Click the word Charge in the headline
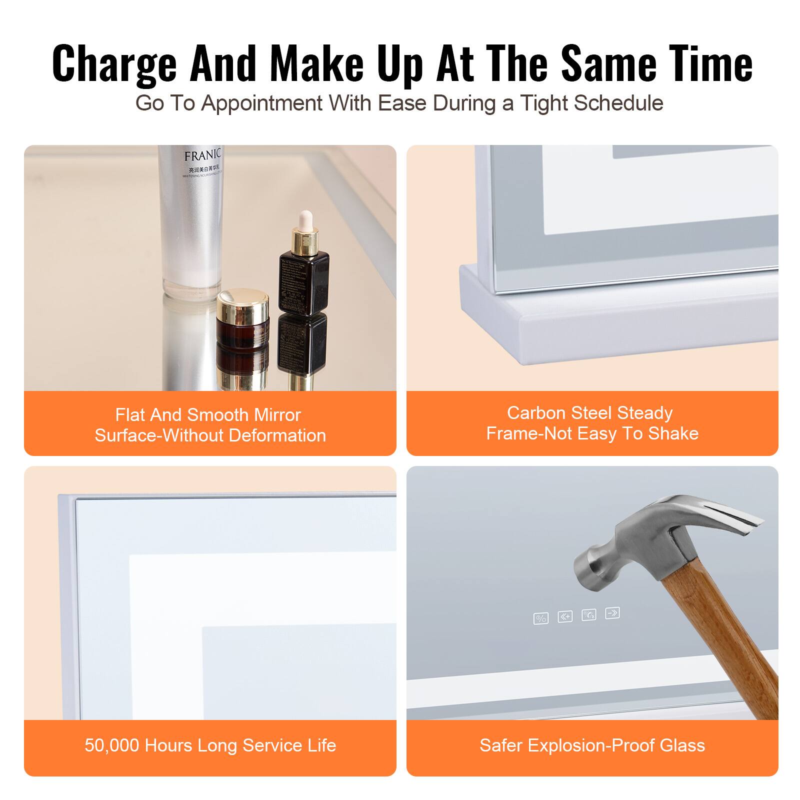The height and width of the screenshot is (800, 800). [114, 64]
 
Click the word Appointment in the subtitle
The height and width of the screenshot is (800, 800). [262, 103]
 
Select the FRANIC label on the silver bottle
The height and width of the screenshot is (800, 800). [201, 155]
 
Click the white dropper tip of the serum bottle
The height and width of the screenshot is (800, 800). [303, 220]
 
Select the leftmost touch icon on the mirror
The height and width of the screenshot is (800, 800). [540, 618]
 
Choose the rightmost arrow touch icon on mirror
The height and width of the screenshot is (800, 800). [612, 612]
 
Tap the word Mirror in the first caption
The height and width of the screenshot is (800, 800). [277, 415]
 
